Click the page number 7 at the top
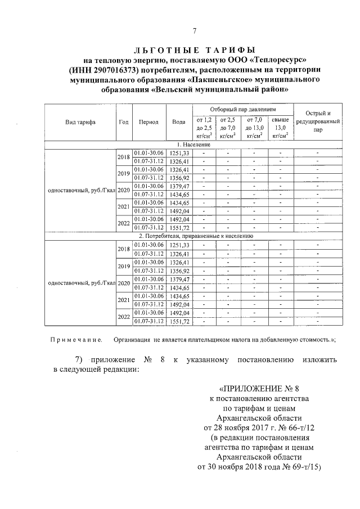(x=194, y=31)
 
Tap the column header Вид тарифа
(x=80, y=122)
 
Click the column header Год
(x=123, y=122)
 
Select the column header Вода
(x=179, y=122)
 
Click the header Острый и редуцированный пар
(x=318, y=121)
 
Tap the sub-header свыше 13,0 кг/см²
(x=280, y=128)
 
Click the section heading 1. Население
(x=194, y=145)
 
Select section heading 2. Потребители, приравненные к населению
(x=194, y=236)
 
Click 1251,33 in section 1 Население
(x=179, y=153)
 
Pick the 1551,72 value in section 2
(x=179, y=321)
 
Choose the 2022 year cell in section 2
(x=123, y=317)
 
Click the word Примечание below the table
(x=76, y=340)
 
